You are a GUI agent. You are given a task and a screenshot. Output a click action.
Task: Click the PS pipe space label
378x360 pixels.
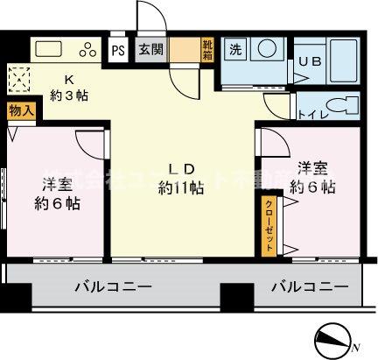point(117,50)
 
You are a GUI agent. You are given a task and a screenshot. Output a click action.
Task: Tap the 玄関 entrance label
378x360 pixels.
point(148,50)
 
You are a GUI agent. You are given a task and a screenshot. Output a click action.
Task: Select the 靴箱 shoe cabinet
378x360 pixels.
point(207,50)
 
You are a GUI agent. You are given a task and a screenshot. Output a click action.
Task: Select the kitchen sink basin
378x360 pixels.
point(49,49)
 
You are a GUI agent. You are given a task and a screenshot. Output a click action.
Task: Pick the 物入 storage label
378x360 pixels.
point(22,111)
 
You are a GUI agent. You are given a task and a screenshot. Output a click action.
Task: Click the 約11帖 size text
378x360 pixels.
point(181,187)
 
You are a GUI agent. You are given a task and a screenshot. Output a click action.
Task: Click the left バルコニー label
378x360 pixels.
point(114,287)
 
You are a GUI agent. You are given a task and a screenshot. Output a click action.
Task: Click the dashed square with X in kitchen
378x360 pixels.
point(18,81)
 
